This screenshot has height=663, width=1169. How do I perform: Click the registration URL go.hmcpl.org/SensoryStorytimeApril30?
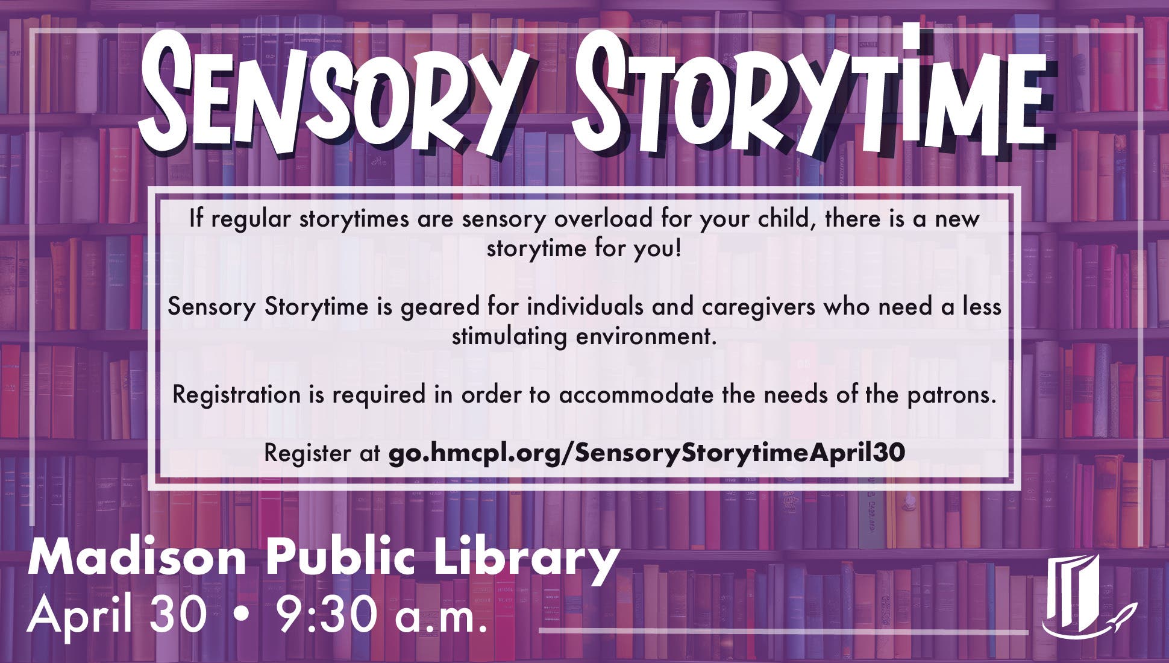pyautogui.click(x=646, y=452)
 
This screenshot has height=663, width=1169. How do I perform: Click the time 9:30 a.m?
pyautogui.click(x=381, y=616)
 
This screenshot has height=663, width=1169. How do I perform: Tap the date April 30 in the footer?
pyautogui.click(x=117, y=616)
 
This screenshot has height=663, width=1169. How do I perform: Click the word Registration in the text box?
pyautogui.click(x=236, y=395)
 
